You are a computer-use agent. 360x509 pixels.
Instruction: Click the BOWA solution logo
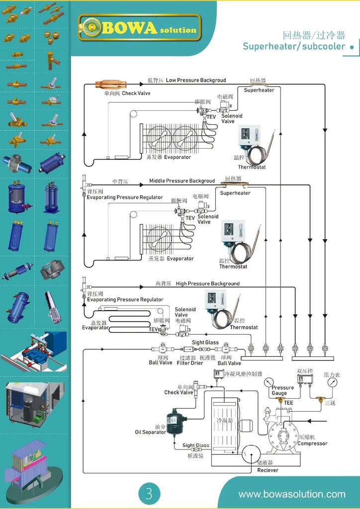[x=140, y=27]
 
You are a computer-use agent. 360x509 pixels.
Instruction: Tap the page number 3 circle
[x=149, y=493]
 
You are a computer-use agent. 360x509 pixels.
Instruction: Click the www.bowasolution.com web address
[x=291, y=494]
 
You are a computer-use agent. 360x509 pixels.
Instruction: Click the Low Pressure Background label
[x=195, y=80]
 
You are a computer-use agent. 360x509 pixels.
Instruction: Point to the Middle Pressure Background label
[x=182, y=181]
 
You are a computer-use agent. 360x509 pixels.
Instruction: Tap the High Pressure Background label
[x=207, y=283]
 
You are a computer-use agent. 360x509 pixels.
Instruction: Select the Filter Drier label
[x=190, y=363]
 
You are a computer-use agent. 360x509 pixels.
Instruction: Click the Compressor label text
[x=312, y=443]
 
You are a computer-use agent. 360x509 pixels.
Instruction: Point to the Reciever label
[x=268, y=470]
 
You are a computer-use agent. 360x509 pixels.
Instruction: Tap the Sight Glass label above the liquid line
[x=205, y=342]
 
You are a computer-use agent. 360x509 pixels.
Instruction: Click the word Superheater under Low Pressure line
[x=259, y=90]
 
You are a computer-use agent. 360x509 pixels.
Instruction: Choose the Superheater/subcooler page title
[x=294, y=46]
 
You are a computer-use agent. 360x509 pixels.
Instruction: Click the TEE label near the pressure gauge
[x=288, y=403]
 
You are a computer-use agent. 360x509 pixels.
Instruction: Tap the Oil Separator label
[x=151, y=432]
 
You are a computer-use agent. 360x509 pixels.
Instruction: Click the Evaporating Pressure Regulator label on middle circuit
[x=125, y=197]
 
